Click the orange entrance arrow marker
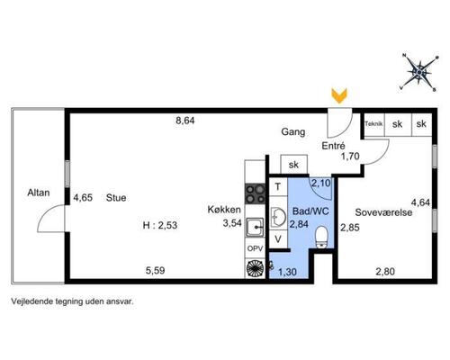pos(339,95)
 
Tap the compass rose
pos(419,72)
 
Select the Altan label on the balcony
pos(39,193)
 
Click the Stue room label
pos(116,198)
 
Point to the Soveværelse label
pos(383,212)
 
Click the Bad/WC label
pos(310,211)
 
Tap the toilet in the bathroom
pos(322,237)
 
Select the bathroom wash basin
pos(278,217)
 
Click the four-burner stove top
pos(255,193)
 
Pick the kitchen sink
pos(255,227)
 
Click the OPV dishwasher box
pos(255,248)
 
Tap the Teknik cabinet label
pos(373,123)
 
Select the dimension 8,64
pos(185,121)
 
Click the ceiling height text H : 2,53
pos(160,225)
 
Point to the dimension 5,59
pos(155,271)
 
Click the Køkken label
pos(224,210)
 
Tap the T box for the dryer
pos(278,187)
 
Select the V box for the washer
pos(278,239)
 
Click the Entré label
pos(333,146)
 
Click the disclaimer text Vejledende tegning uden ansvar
pos(72,301)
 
